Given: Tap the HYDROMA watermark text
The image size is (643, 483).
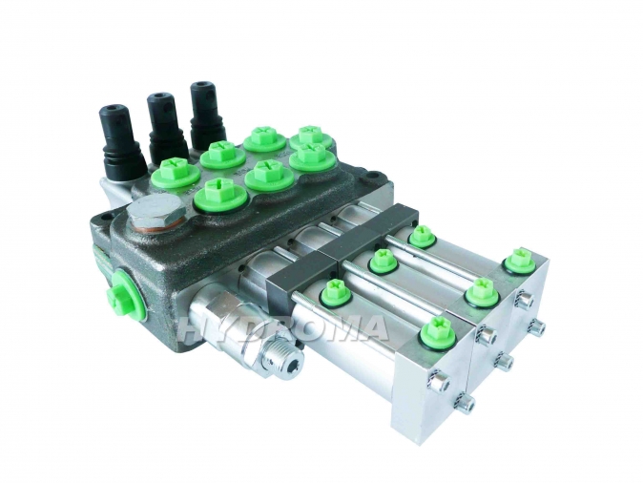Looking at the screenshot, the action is pos(282,326).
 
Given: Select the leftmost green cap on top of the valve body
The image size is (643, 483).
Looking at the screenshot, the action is pos(175,174).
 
